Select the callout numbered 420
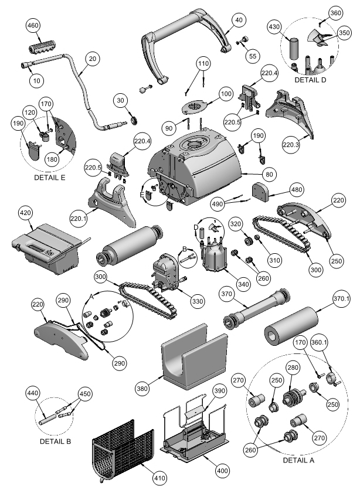(25, 213)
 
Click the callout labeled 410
(159, 479)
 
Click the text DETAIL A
(298, 460)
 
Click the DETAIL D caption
(311, 79)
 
